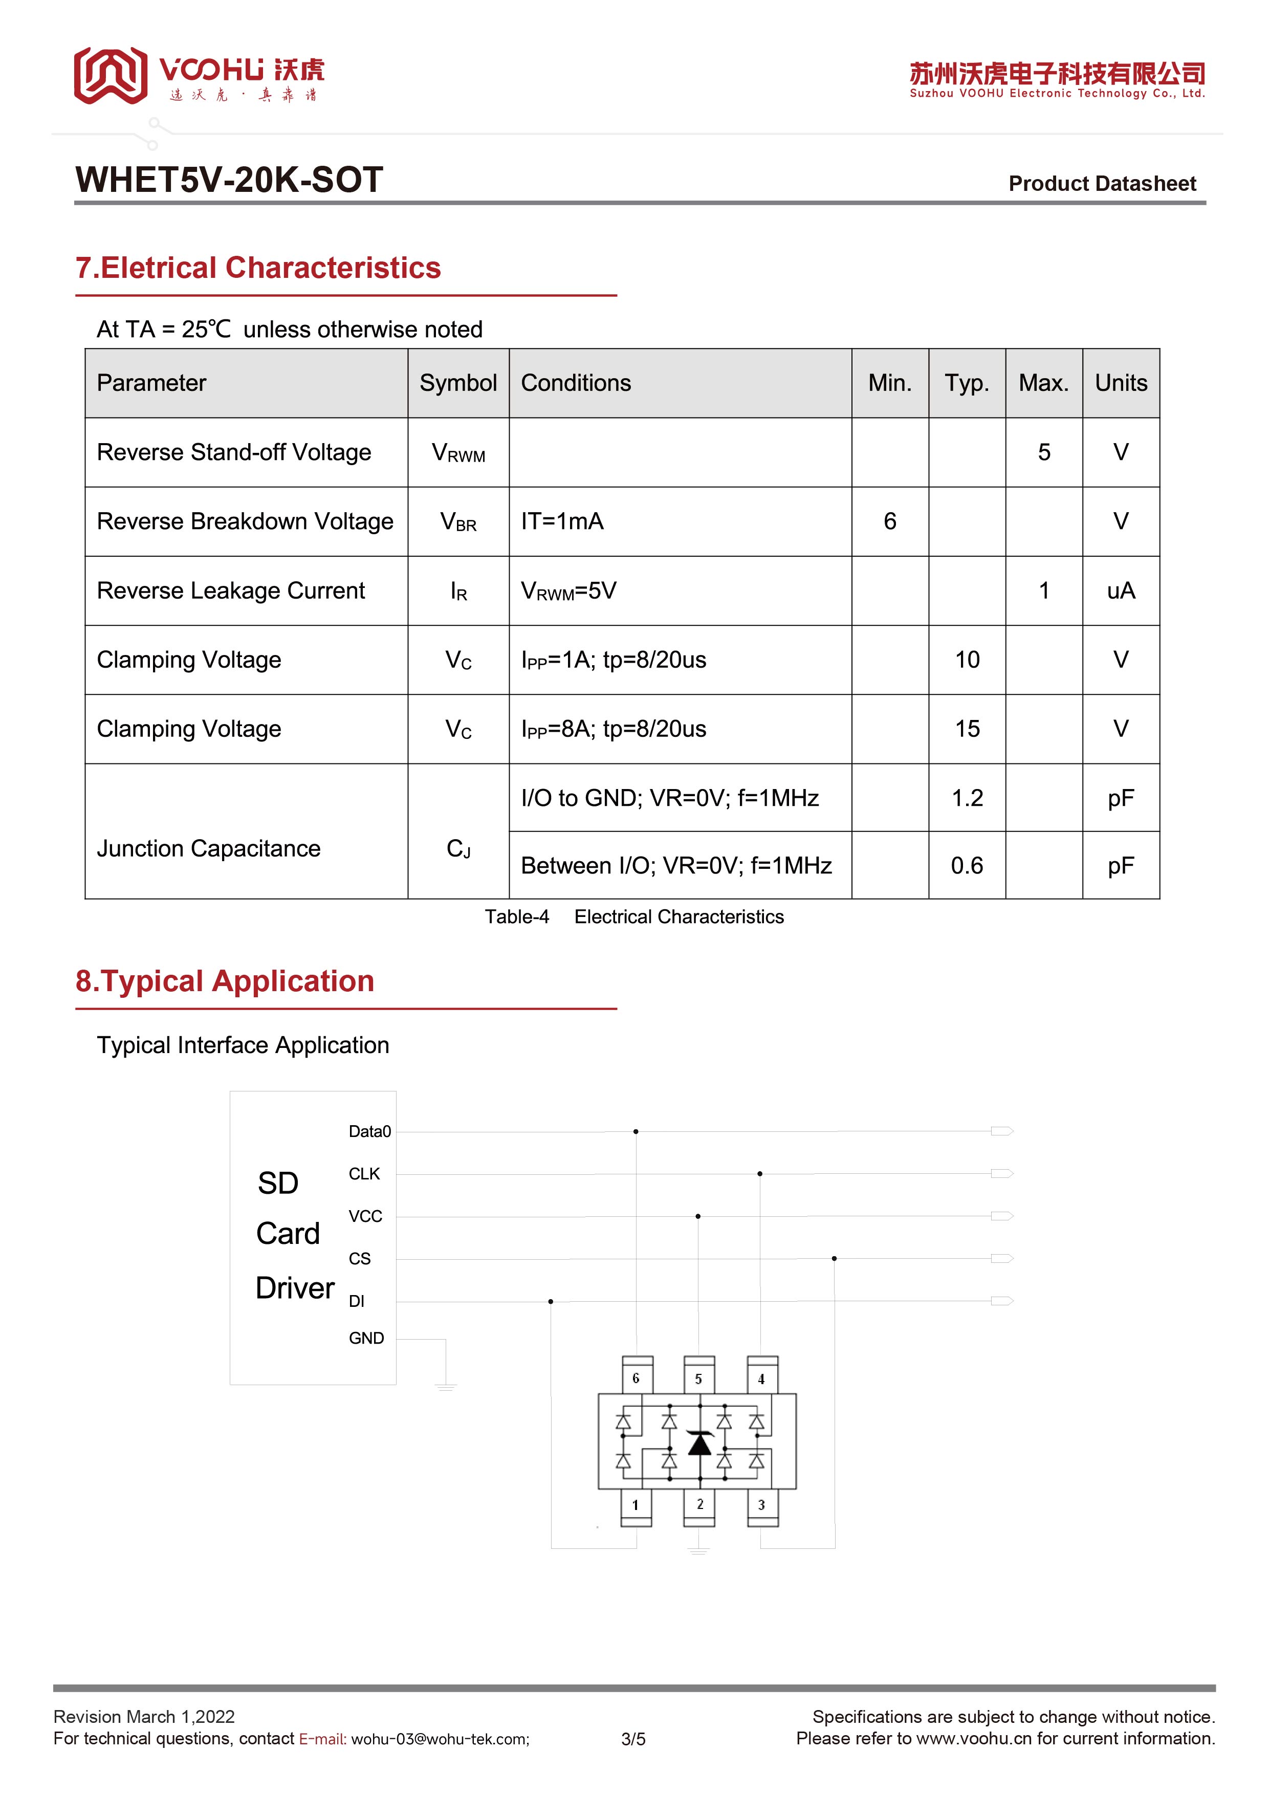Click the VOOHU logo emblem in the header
[110, 76]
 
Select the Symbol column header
[457, 383]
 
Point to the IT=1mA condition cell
[562, 521]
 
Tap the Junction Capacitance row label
[209, 849]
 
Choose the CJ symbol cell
[458, 849]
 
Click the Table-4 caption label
[517, 917]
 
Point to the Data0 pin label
[369, 1132]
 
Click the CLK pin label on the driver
[364, 1174]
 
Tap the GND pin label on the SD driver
[366, 1339]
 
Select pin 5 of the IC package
[698, 1379]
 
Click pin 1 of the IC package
[636, 1505]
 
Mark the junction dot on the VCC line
[697, 1216]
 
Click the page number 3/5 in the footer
[633, 1740]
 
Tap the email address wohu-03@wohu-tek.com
[440, 1740]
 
